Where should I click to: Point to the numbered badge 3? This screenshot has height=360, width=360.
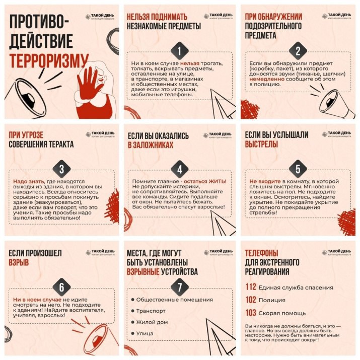click(x=61, y=169)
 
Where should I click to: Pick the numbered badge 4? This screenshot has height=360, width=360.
click(x=179, y=169)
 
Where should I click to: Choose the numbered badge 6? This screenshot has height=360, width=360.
click(x=61, y=287)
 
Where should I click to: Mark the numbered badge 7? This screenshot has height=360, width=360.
click(x=179, y=287)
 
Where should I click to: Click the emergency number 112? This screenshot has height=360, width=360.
click(x=251, y=287)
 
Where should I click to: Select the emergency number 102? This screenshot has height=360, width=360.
click(x=251, y=300)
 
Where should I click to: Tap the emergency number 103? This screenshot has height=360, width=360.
click(x=251, y=313)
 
